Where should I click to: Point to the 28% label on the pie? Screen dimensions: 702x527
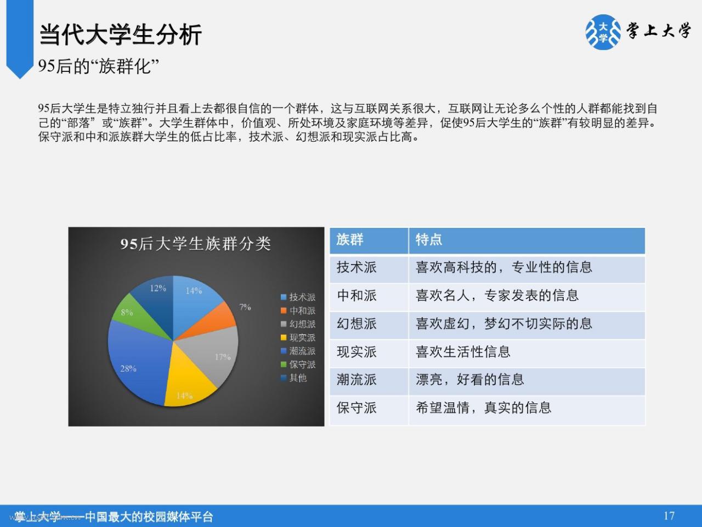(128, 368)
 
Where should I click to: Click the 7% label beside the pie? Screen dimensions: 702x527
(245, 307)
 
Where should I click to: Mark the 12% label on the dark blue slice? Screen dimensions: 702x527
(158, 288)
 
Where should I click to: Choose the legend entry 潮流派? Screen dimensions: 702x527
(298, 351)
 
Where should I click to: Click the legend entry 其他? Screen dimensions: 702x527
(293, 378)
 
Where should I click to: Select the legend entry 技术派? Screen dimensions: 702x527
(298, 297)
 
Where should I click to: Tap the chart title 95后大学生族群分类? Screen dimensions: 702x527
(196, 244)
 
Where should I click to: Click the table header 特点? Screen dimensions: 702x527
(429, 240)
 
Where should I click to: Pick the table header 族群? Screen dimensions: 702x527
(350, 240)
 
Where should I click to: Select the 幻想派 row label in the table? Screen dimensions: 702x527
(356, 324)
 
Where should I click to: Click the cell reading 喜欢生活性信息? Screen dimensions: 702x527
(463, 352)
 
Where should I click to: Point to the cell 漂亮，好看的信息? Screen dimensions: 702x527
(470, 380)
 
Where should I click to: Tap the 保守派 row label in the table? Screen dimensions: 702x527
(356, 408)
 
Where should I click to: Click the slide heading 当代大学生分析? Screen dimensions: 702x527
(120, 35)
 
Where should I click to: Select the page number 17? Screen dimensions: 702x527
(669, 516)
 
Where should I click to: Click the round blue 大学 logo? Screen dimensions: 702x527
(603, 32)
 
